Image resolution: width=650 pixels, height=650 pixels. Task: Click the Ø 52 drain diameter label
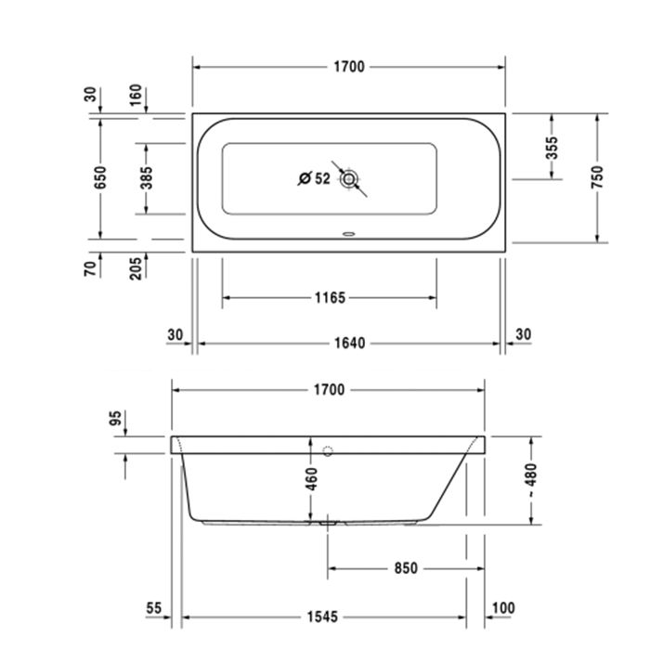[315, 178]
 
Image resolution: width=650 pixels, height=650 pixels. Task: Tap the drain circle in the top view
[348, 179]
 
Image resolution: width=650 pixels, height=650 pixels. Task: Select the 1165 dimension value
[330, 298]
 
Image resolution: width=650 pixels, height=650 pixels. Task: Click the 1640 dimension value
[350, 344]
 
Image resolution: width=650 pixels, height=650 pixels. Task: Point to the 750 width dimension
[597, 177]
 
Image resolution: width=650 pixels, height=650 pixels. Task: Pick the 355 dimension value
[552, 148]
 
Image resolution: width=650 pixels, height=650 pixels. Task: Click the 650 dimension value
[100, 177]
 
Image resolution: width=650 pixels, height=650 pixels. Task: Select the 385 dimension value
[146, 178]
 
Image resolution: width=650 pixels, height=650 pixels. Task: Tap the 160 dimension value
[136, 95]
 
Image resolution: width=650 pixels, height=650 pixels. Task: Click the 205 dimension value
[136, 268]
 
